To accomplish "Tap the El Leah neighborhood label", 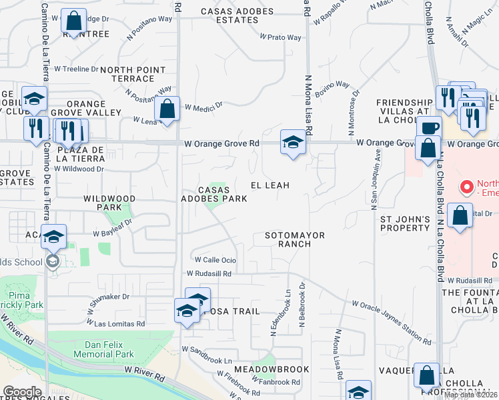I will pos(270,185).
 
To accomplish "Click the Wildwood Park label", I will pos(109,203).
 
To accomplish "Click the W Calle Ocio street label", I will pos(215,260).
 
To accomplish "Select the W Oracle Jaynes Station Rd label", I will pos(392,322).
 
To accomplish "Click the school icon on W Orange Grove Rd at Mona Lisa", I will pos(292,142).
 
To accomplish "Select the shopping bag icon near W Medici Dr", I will pos(167,109).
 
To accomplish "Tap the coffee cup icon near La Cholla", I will pos(430,127).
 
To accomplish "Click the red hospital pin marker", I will pos(467,185).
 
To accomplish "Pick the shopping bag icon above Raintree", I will pos(73,21).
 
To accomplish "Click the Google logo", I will pos(22,392).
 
